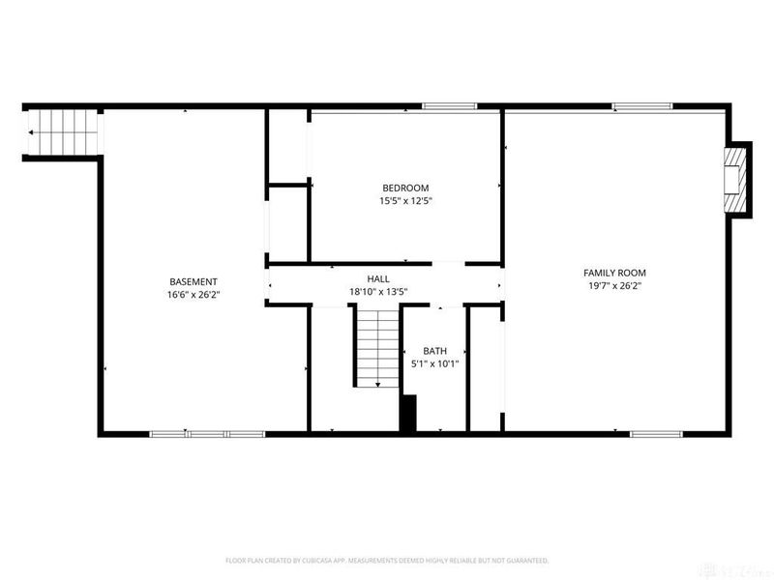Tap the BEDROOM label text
coord(405,188)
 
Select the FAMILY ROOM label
coord(613,273)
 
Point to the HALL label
coord(377,278)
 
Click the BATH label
coord(433,351)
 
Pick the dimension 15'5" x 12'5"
coord(405,201)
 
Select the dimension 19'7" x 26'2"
coord(613,286)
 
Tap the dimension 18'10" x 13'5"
coord(377,291)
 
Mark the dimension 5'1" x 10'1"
coord(433,364)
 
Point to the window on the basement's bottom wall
coord(206,433)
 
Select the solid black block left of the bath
coord(408,414)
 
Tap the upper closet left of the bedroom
coord(287,146)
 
